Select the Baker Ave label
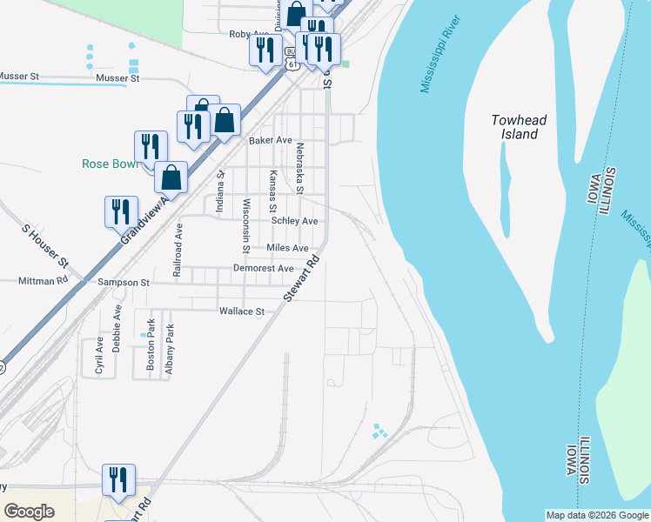click(270, 139)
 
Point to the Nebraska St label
click(299, 167)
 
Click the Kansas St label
click(272, 191)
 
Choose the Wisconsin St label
click(246, 225)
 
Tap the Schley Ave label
click(294, 221)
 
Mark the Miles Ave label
click(287, 248)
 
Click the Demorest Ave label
click(263, 268)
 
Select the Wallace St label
click(241, 311)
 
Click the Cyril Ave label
click(98, 355)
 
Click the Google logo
click(29, 512)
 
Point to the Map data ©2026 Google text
click(597, 515)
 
